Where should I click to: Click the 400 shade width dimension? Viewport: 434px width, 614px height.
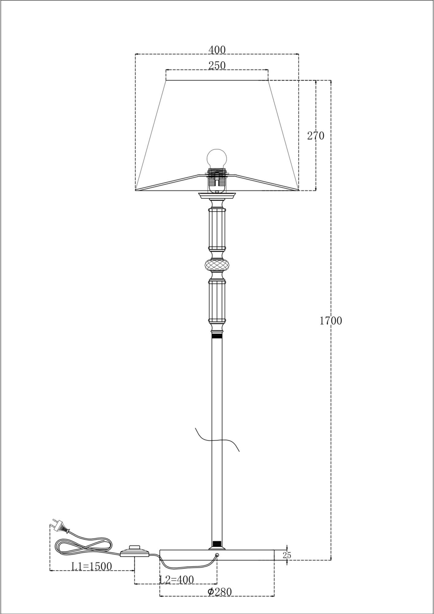pos(217,50)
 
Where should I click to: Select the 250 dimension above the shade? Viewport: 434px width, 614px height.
pos(217,66)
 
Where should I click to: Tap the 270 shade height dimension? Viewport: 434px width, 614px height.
pos(316,135)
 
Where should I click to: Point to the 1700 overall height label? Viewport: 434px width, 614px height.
pos(331,320)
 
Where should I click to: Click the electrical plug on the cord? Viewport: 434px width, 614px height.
pos(59,525)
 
